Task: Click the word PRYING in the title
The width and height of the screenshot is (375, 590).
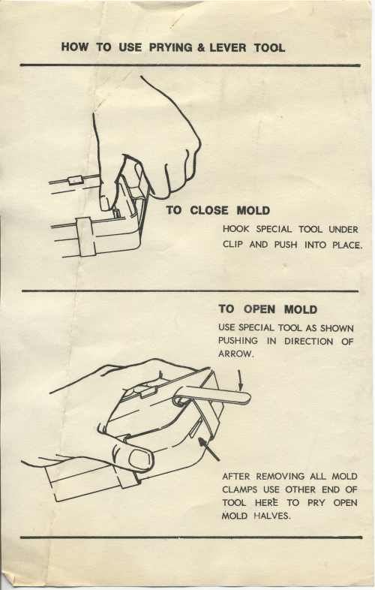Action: tap(171, 48)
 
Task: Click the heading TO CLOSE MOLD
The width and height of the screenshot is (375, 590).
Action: tap(218, 210)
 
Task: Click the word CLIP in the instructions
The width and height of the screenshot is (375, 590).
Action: tap(232, 245)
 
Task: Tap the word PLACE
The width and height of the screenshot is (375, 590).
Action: tap(347, 245)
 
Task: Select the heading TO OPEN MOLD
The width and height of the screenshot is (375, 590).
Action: tap(268, 309)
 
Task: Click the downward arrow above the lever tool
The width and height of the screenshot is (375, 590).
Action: tap(239, 380)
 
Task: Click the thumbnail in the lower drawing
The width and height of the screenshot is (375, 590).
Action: tap(139, 459)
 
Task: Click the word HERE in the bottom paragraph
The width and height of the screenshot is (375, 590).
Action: tap(266, 503)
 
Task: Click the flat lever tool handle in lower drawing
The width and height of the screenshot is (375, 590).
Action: tap(211, 396)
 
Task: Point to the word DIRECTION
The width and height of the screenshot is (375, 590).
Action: tap(308, 342)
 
